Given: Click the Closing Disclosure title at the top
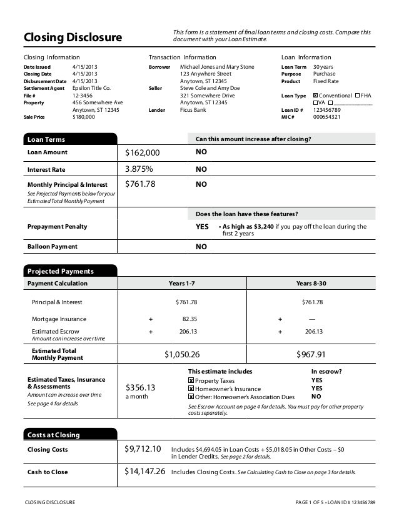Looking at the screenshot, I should pyautogui.click(x=73, y=37).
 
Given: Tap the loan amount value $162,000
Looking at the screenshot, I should pyautogui.click(x=143, y=152).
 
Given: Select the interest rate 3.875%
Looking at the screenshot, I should pyautogui.click(x=139, y=169).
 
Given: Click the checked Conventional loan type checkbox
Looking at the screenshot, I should pyautogui.click(x=315, y=96).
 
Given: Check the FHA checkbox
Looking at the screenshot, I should pyautogui.click(x=356, y=96).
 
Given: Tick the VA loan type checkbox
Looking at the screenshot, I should pyautogui.click(x=315, y=102).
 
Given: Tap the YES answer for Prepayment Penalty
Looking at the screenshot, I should pyautogui.click(x=202, y=227).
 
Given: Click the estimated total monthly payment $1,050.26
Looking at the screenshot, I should pyautogui.click(x=182, y=354).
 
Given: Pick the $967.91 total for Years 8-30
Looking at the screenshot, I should pyautogui.click(x=311, y=354).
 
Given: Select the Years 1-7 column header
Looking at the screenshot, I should pyautogui.click(x=182, y=284).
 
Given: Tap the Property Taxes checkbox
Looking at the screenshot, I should pyautogui.click(x=191, y=380).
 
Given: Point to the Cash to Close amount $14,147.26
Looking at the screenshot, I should pyautogui.click(x=145, y=472).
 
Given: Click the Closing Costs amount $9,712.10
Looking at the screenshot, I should pyautogui.click(x=143, y=449).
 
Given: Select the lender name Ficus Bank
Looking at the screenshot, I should pyautogui.click(x=193, y=110).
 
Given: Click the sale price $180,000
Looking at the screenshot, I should pyautogui.click(x=84, y=117).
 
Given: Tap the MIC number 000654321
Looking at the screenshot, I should pyautogui.click(x=327, y=117).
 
